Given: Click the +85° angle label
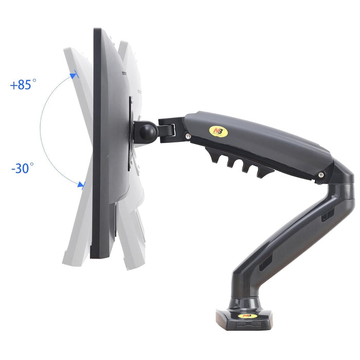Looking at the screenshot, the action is (23, 84).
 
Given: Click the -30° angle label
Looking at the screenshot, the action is (23, 168).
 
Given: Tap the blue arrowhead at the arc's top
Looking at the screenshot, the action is (74, 75).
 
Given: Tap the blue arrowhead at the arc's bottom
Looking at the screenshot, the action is (81, 185).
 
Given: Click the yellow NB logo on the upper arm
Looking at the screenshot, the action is (219, 132).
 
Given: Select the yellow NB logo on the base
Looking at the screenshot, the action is (247, 316).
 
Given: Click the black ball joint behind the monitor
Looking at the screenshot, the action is (148, 132).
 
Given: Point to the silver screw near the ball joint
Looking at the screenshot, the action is (188, 136).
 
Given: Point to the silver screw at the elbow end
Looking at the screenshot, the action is (321, 175).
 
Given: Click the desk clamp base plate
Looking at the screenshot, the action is (244, 319).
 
